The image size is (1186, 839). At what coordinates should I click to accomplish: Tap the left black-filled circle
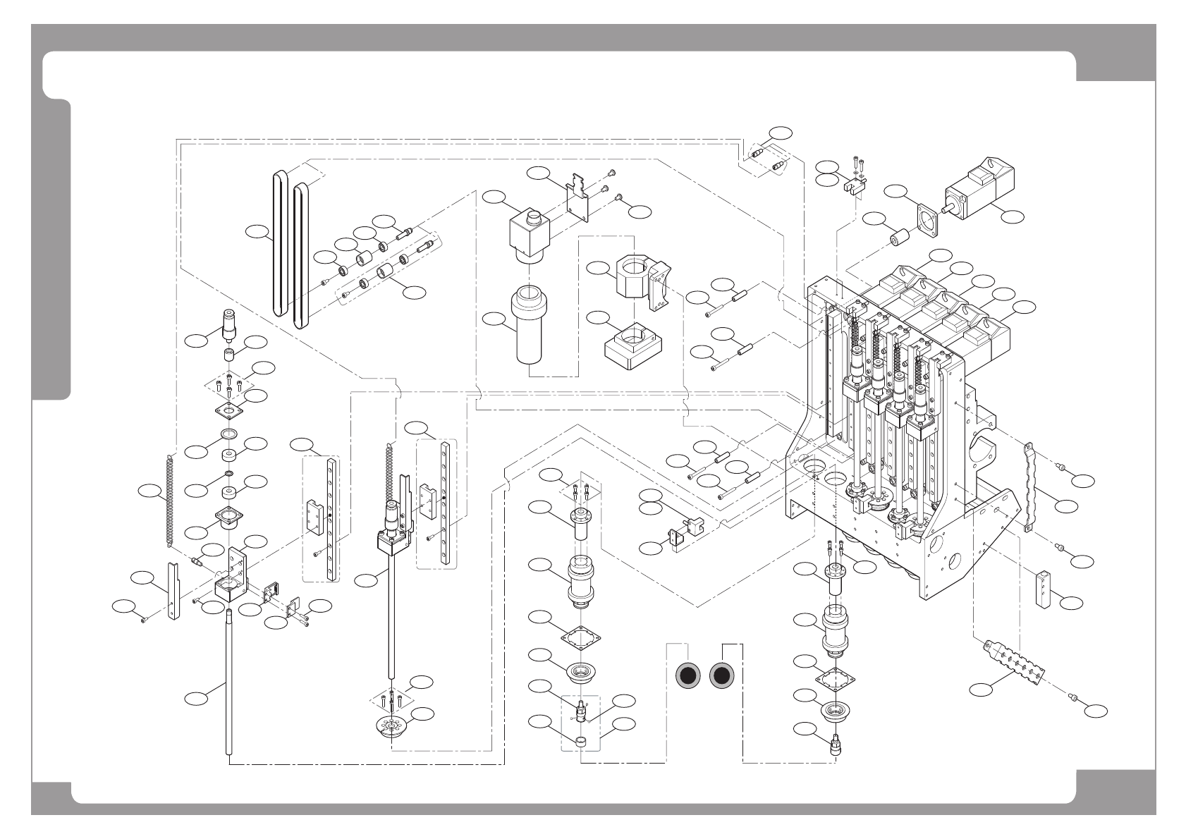tap(688, 676)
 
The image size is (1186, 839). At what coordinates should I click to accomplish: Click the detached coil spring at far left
tap(169, 500)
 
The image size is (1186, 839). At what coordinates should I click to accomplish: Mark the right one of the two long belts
tap(301, 255)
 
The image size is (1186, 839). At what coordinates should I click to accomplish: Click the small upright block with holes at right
tap(1042, 589)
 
